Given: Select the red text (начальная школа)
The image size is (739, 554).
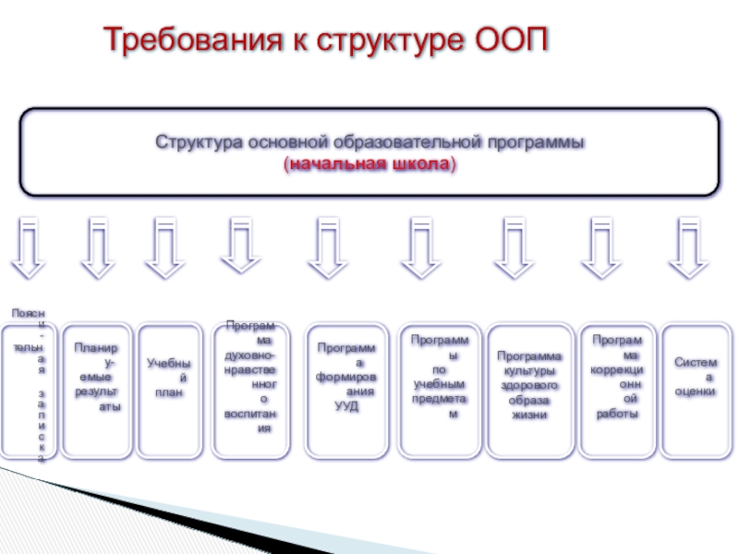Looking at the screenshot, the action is pyautogui.click(x=369, y=164).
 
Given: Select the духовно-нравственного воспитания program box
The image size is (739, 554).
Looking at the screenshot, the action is pyautogui.click(x=250, y=391).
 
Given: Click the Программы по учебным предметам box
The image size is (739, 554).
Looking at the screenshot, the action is pyautogui.click(x=440, y=391).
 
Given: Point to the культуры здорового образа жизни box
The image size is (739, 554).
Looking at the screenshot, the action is pyautogui.click(x=529, y=391).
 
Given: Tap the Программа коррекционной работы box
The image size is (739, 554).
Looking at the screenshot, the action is pyautogui.click(x=618, y=391).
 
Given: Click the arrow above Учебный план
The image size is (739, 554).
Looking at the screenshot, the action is pyautogui.click(x=165, y=248).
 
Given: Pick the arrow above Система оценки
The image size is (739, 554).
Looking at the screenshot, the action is pyautogui.click(x=689, y=248).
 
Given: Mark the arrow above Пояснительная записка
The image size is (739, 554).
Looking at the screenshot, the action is pyautogui.click(x=30, y=248).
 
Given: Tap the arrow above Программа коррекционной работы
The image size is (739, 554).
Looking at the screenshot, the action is pyautogui.click(x=601, y=248).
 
